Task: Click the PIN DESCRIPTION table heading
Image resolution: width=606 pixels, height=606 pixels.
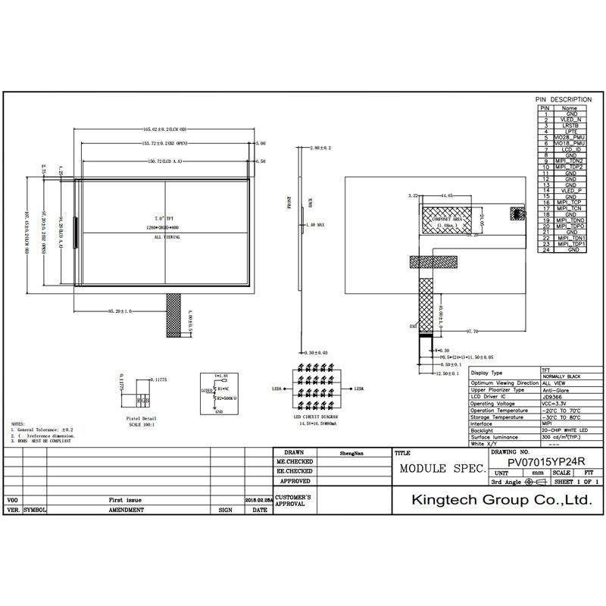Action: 564,99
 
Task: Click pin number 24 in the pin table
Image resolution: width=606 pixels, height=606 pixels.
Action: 544,250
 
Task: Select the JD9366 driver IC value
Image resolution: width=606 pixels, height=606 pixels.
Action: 551,395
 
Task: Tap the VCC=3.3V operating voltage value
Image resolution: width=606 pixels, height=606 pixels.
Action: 555,404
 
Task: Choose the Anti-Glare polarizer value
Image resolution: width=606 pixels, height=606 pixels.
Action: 555,389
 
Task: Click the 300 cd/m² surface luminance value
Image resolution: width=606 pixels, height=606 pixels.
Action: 561,438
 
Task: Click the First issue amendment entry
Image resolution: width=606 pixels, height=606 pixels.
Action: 125,501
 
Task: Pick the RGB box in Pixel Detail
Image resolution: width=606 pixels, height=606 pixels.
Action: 142,401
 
